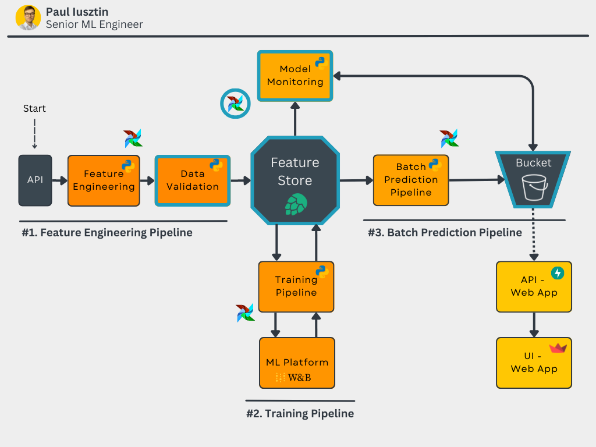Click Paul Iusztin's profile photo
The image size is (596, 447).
point(28,17)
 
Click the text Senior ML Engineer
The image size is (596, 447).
point(94,24)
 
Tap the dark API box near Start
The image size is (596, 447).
point(35,180)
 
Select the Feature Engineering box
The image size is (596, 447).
point(104,180)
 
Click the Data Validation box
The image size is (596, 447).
point(192,180)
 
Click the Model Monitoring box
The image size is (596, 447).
point(295,76)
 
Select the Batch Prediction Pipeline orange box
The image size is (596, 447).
point(411,180)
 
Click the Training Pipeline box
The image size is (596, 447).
point(296,286)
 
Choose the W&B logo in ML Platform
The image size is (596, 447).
point(293,378)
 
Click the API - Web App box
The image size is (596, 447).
point(534,286)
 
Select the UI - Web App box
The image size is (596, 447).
point(534,363)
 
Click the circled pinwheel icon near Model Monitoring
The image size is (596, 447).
point(235,104)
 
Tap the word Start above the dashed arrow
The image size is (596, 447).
point(34,108)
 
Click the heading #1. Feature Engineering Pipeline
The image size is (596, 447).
point(107,233)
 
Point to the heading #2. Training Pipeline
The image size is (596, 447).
point(300,414)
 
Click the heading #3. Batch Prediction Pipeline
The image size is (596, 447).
point(445,233)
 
